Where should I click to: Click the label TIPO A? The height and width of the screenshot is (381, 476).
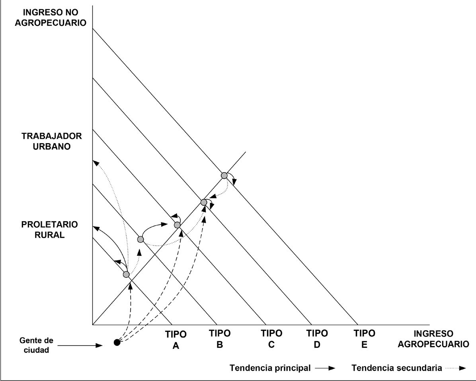(x=176, y=340)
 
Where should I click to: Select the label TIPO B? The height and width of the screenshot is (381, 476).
(x=220, y=339)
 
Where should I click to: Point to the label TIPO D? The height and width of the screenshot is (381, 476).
(x=317, y=339)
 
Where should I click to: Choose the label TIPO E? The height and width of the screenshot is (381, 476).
(x=364, y=339)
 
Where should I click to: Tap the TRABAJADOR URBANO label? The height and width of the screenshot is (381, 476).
(x=51, y=141)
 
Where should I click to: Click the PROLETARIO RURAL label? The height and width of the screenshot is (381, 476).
(x=49, y=230)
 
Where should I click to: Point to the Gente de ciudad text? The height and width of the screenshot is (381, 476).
(x=36, y=345)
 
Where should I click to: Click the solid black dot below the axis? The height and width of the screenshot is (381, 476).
(x=117, y=342)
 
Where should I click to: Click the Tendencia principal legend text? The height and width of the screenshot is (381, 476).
(x=270, y=368)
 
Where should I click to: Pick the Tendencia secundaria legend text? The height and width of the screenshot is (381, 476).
(x=397, y=368)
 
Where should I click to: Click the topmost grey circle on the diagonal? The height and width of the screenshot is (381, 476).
(x=224, y=175)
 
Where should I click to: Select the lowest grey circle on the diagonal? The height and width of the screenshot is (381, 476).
(x=126, y=275)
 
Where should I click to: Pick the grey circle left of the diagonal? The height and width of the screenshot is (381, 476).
(x=140, y=239)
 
